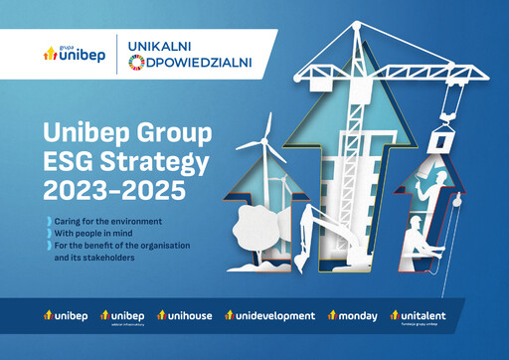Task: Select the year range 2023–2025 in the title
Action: tap(95, 187)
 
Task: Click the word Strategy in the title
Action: tap(140, 159)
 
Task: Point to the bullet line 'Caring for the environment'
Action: tap(104, 219)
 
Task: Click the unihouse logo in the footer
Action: tap(187, 316)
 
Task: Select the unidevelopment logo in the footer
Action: tap(270, 316)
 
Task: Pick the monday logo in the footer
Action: tap(353, 316)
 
